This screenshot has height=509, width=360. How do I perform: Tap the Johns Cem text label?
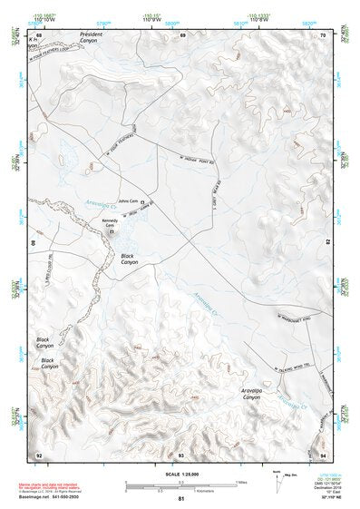coord(128,201)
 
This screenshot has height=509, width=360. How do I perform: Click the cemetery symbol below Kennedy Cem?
coord(113,233)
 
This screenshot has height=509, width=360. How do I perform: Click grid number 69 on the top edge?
coord(182,35)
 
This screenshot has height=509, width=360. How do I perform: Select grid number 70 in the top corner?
coord(323,35)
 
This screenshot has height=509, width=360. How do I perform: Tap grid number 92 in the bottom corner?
coord(39,454)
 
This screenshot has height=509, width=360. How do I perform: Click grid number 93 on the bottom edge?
coord(181,454)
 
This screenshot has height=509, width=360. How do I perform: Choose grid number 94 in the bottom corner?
coord(323,454)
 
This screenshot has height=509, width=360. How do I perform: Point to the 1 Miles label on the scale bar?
coord(239,482)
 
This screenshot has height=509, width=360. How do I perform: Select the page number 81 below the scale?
coord(181,500)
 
